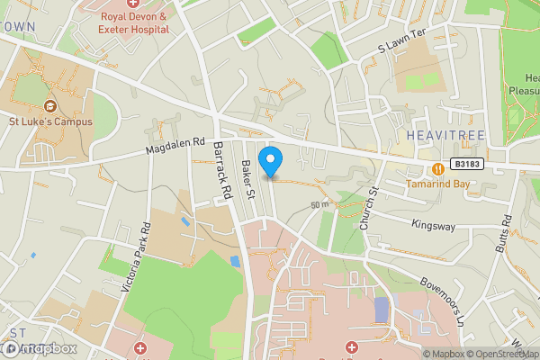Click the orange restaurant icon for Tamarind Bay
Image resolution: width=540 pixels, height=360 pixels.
(x=437, y=168)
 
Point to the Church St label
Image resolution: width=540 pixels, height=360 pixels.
(x=368, y=208)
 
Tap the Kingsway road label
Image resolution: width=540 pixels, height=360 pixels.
(x=432, y=224)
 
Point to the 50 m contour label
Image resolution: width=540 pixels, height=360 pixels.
(x=319, y=205)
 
